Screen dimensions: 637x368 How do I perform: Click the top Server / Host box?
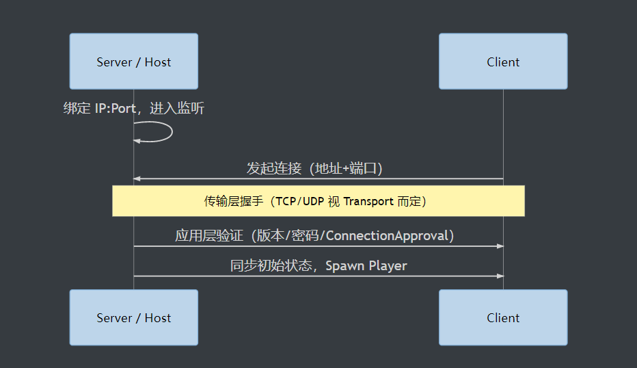(x=134, y=62)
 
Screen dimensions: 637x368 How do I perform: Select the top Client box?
(x=503, y=62)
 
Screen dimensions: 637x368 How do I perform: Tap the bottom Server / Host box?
(x=134, y=317)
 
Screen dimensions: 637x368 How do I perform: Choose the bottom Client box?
(x=503, y=317)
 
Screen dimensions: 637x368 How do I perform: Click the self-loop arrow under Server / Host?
(x=172, y=132)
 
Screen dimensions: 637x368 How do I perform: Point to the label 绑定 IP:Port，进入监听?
(x=134, y=108)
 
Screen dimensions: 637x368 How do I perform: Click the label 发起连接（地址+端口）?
(x=314, y=168)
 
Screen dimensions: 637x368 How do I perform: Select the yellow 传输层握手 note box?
(x=318, y=201)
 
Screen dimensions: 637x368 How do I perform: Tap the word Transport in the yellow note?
(x=368, y=202)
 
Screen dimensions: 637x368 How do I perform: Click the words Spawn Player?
(x=366, y=266)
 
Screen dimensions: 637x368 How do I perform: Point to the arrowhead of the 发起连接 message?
(x=137, y=179)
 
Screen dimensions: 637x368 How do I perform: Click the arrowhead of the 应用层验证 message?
(x=500, y=246)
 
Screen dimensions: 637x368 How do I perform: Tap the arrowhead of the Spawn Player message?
(x=500, y=276)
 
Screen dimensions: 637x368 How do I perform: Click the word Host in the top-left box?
(x=158, y=62)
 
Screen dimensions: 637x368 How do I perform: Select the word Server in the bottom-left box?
(x=114, y=318)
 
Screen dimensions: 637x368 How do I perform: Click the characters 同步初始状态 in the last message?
(x=271, y=265)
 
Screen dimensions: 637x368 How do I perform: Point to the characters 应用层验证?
(x=209, y=235)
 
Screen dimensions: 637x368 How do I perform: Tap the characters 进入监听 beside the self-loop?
(x=177, y=108)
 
